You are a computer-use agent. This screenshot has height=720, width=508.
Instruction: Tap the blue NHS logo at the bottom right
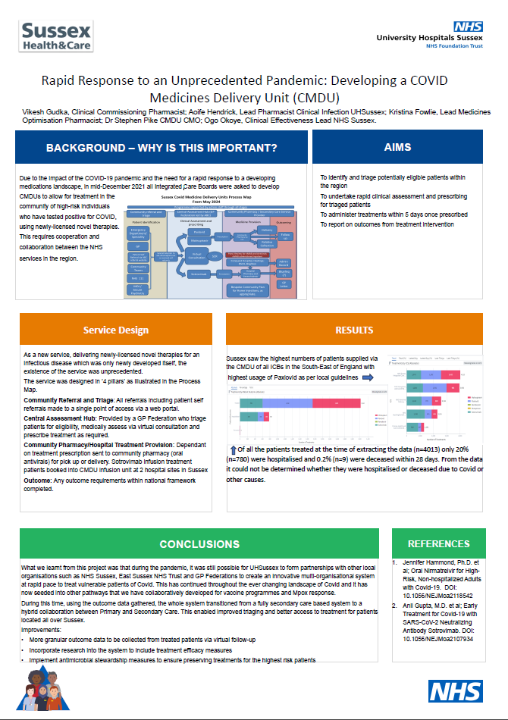click(456, 690)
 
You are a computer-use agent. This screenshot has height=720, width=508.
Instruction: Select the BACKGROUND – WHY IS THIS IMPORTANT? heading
click(161, 147)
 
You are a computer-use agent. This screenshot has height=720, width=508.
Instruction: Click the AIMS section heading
click(397, 147)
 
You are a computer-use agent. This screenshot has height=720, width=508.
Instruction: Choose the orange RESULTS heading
click(354, 330)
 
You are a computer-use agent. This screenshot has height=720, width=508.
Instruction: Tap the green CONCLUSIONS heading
click(199, 543)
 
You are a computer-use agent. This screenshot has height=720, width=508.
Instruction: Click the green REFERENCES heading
click(439, 543)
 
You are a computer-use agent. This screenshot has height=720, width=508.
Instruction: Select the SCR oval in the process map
click(215, 257)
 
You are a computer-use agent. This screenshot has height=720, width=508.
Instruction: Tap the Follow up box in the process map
click(287, 236)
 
